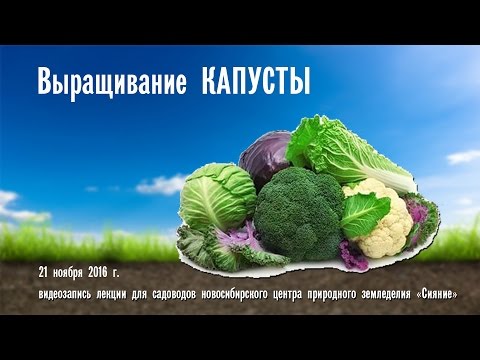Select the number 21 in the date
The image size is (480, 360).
tap(44, 271)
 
